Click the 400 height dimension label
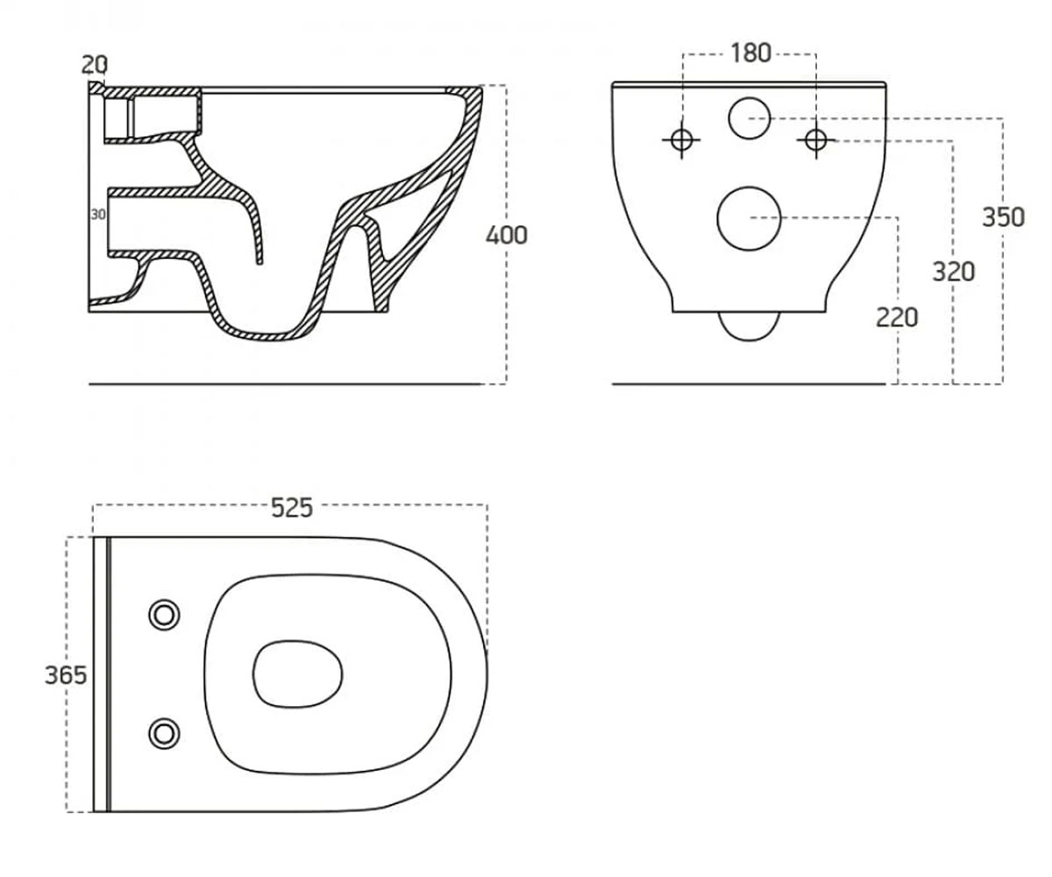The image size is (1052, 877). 507,235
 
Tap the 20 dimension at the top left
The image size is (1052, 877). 95,65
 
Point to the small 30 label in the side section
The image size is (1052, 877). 98,214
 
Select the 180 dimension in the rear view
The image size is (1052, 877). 750,53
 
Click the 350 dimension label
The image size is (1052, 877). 1003,217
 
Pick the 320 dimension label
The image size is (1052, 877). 953,272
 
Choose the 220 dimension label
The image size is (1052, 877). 897,317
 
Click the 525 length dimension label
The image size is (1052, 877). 292,508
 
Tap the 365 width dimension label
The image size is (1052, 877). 66,675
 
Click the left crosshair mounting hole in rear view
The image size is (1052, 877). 682,139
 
